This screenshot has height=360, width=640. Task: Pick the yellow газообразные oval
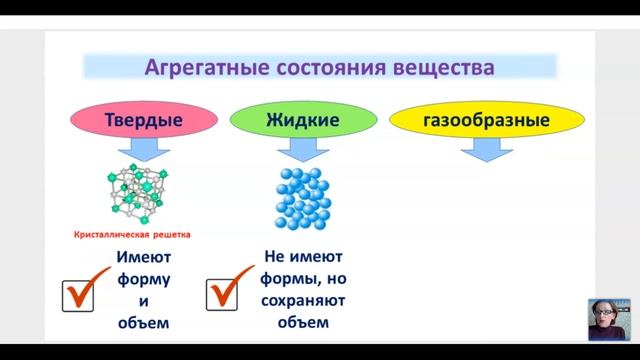coord(471,121)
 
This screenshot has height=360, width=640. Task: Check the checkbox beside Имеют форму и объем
coord(79,293)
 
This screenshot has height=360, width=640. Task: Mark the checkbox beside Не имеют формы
coord(221,293)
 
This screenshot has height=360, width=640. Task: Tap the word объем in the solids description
coord(142,322)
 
